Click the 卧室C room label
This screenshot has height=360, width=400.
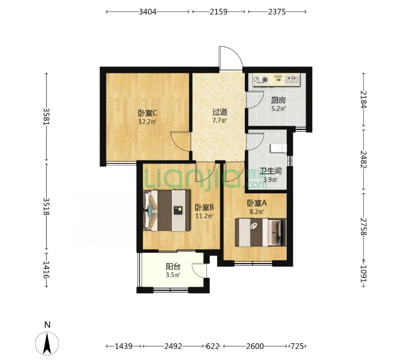point(147,113)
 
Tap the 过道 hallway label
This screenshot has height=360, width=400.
point(220,112)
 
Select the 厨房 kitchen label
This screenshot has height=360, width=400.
point(278,100)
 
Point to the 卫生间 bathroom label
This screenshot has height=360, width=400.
point(271,171)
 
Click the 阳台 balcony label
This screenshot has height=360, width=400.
point(173,267)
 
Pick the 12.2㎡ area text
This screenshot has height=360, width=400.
point(147,122)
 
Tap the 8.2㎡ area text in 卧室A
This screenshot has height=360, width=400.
point(257,212)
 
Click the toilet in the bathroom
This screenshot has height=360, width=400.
point(278,148)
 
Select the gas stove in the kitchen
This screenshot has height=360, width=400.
point(261,80)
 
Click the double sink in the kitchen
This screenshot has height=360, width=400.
point(292,79)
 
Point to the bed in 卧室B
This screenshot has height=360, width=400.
point(167,211)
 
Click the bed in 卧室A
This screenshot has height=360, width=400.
point(261,232)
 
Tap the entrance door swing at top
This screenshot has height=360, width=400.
point(231,58)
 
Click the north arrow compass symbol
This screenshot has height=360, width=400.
point(47,343)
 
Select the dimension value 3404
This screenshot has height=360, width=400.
point(147,12)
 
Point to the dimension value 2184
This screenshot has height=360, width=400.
point(363,100)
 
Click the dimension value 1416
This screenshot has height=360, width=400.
point(46,269)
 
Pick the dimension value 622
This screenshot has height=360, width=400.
point(212,346)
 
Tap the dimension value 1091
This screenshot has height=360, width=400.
point(363,274)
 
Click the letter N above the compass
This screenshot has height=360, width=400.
point(47,325)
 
